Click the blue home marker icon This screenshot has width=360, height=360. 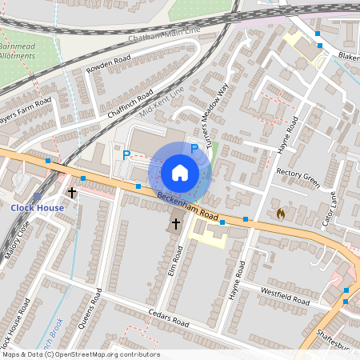point(180,173)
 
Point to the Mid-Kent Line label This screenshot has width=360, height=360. point(162,101)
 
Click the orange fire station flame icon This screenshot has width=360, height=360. point(280,214)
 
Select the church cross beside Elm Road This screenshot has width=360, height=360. point(176,225)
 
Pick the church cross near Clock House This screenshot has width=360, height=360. point(73,193)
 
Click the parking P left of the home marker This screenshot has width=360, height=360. point(126,154)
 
